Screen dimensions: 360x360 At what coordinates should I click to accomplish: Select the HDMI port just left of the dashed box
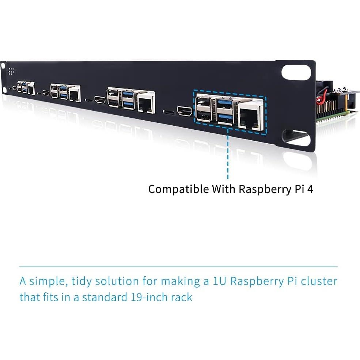point(185,111)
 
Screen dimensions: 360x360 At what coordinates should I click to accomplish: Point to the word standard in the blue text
point(104,297)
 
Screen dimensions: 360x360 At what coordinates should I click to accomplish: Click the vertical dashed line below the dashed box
point(228,154)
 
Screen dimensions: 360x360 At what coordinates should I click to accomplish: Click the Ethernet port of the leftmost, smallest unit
point(31,89)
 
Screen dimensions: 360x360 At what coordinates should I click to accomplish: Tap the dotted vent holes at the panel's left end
point(11,71)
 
